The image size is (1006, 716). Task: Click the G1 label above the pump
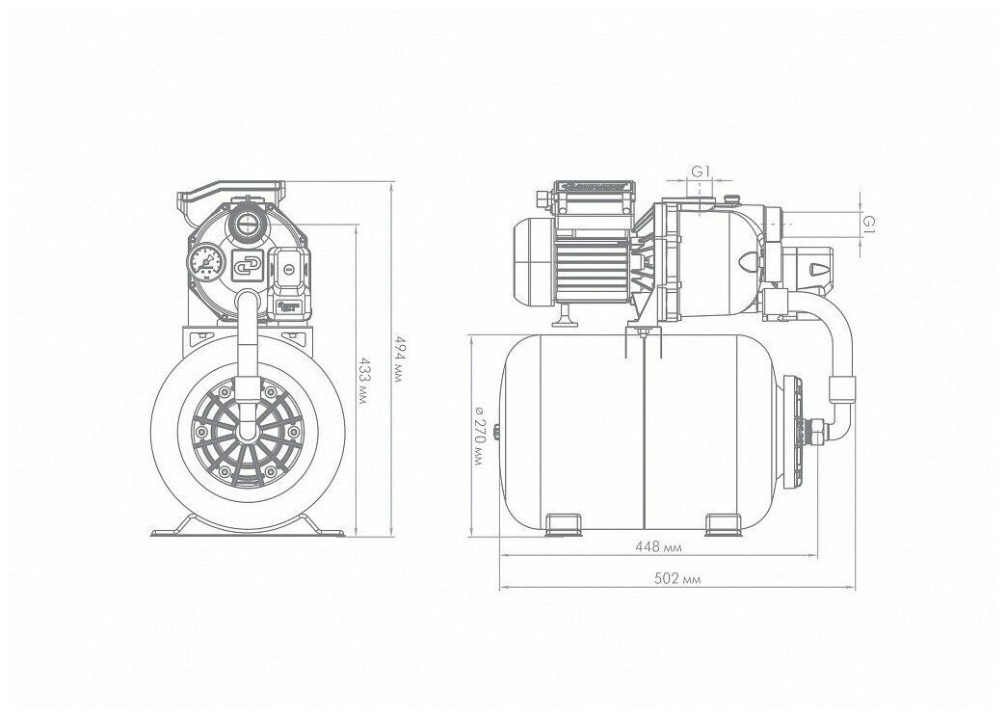[x=702, y=172]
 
